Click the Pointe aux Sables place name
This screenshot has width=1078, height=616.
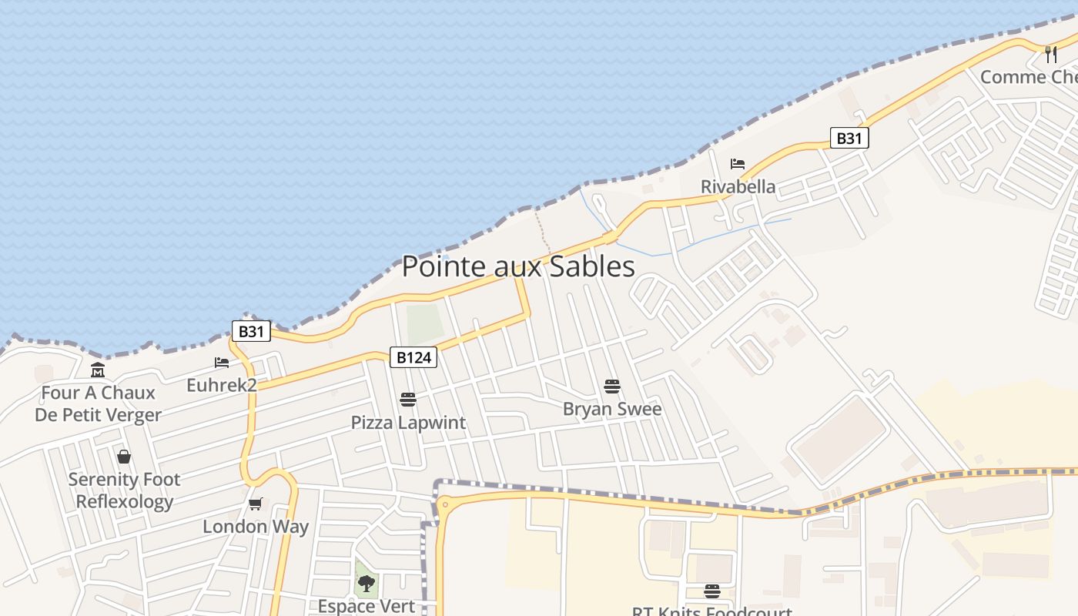[x=518, y=266]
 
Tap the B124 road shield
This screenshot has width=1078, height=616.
[x=413, y=357]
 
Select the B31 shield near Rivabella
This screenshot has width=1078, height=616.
[x=849, y=138]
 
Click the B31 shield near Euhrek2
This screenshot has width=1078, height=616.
[x=251, y=332]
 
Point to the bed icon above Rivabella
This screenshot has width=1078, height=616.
[x=738, y=164]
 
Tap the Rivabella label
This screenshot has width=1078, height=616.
[x=738, y=186]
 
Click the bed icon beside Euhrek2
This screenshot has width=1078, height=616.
[x=222, y=363]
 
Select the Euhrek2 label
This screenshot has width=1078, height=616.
[x=222, y=385]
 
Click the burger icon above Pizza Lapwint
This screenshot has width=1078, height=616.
[x=408, y=400]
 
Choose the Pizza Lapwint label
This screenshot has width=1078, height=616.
[x=408, y=423]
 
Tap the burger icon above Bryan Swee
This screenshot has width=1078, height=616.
[x=612, y=387]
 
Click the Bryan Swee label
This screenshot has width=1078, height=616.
[x=612, y=409]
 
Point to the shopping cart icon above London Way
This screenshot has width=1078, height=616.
[x=256, y=504]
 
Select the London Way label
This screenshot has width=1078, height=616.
[x=256, y=527]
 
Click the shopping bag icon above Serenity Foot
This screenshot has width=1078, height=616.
[x=124, y=457]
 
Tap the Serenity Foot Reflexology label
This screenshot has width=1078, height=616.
[x=124, y=490]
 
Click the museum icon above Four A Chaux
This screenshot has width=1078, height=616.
[x=98, y=370]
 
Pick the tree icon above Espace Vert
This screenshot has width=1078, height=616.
[x=367, y=583]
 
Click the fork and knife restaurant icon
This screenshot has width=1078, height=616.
[x=1051, y=54]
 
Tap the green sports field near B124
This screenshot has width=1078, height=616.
[x=425, y=324]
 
